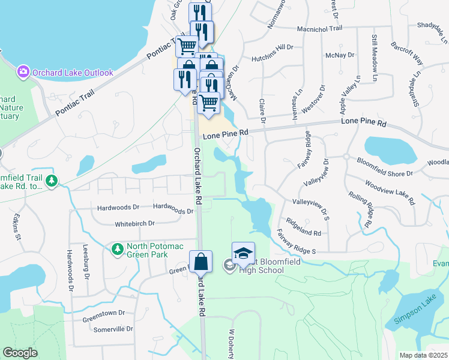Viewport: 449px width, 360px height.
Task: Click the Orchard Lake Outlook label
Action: coord(73,73)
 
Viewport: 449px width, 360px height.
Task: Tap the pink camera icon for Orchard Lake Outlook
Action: coord(23,72)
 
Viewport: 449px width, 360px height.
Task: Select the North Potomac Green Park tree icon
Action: coord(117,248)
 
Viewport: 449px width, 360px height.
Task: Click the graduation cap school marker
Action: coord(243,255)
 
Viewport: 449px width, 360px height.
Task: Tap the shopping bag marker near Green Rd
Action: coord(201,263)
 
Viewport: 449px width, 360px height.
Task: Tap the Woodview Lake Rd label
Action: coord(390,193)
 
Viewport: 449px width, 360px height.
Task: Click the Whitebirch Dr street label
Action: coord(134,224)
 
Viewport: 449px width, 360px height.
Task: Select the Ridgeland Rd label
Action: coord(303,227)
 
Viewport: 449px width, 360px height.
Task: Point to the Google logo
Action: coord(20,352)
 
